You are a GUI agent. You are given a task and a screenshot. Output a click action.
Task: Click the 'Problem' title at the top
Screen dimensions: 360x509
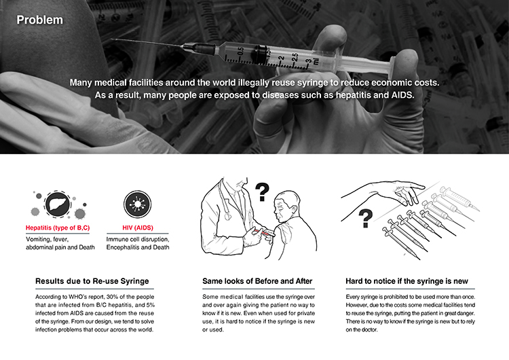pyautogui.click(x=39, y=20)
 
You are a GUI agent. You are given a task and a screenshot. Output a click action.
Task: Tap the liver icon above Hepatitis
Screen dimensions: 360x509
pyautogui.click(x=52, y=203)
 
